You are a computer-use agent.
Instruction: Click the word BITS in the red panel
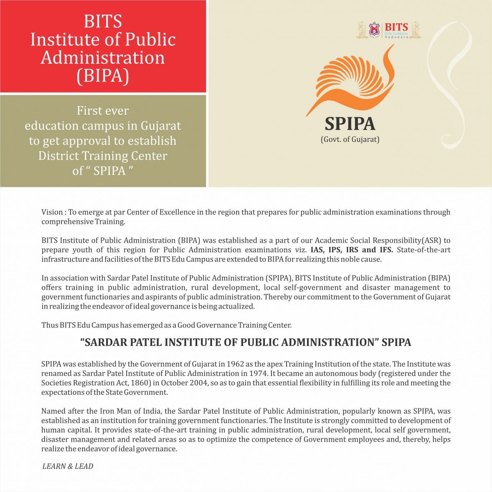[x=103, y=21]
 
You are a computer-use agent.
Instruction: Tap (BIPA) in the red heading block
[x=103, y=76]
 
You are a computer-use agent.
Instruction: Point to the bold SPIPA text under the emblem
[x=350, y=123]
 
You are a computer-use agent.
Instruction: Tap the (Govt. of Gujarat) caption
[x=350, y=139]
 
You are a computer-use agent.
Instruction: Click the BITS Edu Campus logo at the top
[x=388, y=30]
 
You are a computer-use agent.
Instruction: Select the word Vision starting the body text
[x=52, y=212]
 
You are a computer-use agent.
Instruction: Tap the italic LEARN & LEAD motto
[x=68, y=466]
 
